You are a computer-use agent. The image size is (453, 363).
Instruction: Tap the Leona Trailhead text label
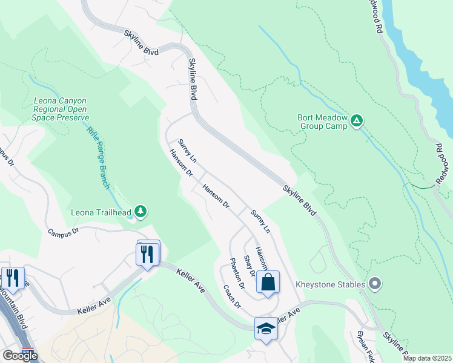[102, 212]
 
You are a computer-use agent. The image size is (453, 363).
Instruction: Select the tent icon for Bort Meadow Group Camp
[357, 121]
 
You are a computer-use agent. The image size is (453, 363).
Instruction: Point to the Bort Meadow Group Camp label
[322, 122]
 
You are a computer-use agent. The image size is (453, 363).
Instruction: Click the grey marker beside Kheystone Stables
[375, 283]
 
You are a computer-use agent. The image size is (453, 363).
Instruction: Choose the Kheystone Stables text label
[330, 284]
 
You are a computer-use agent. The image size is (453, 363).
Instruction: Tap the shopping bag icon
[267, 281]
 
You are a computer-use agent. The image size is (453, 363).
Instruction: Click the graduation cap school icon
[265, 329]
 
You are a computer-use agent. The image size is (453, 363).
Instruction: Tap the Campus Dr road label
[63, 231]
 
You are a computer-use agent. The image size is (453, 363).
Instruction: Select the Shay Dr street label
[249, 266]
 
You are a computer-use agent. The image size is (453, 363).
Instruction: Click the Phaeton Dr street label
[236, 272]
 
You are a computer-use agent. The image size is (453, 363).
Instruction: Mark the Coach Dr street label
[231, 296]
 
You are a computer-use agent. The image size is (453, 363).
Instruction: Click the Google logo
[20, 356]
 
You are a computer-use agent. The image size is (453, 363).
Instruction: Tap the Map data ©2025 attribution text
[426, 358]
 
